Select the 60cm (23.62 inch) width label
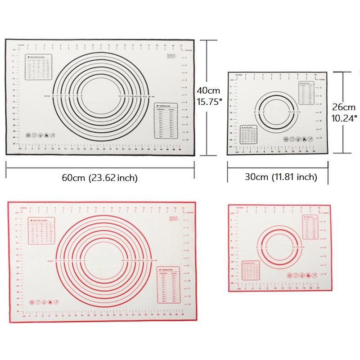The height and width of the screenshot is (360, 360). [99, 178]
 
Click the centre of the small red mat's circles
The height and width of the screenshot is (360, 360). [275, 247]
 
